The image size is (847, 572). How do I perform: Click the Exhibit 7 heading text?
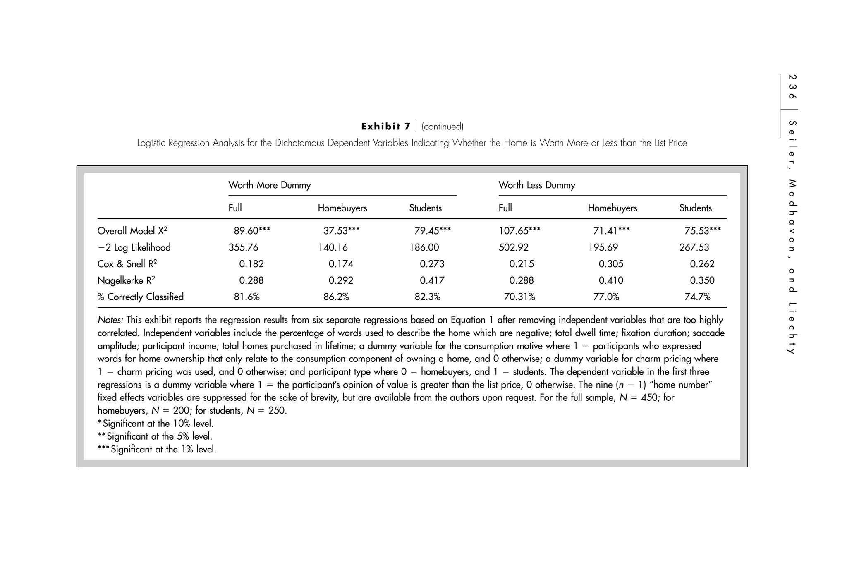385,127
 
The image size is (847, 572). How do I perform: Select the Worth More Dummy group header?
269,185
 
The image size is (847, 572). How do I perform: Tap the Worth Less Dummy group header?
536,185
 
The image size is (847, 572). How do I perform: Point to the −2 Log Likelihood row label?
134,247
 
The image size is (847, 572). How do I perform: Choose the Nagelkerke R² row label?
126,280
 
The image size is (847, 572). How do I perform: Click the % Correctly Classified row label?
140,297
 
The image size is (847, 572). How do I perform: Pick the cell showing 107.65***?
519,231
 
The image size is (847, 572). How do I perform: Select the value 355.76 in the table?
243,247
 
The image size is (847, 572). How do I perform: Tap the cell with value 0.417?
432,280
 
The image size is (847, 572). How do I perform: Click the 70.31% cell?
519,297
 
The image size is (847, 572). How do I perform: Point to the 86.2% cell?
336,297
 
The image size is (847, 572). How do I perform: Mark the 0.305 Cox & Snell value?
610,264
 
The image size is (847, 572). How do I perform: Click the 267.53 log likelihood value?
694,247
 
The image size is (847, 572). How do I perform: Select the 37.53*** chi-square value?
341,231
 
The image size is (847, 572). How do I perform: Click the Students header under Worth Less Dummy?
695,208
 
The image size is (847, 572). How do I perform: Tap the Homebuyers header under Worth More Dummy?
342,208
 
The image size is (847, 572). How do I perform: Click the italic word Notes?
110,320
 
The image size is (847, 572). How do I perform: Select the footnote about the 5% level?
155,436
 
